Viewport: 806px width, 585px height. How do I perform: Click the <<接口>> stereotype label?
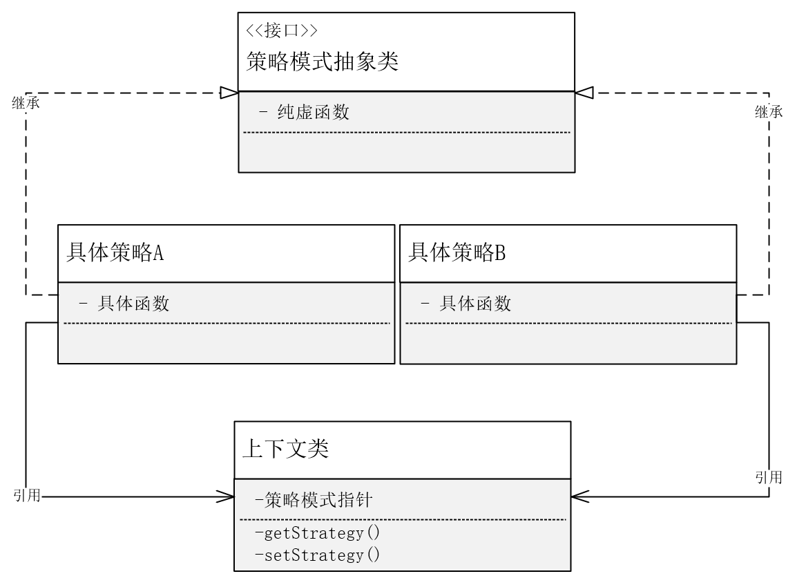(282, 31)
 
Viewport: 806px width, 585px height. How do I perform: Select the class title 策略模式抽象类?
(322, 62)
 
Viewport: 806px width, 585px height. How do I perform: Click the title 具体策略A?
(115, 253)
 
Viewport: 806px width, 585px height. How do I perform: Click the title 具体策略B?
(457, 253)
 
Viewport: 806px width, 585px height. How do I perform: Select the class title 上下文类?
(285, 449)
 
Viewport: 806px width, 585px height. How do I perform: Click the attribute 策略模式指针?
(314, 499)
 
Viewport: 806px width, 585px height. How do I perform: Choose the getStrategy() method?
(318, 533)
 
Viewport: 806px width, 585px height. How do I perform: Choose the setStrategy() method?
(318, 555)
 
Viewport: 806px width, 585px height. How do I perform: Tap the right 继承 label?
(769, 112)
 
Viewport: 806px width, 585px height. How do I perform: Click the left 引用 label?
(26, 496)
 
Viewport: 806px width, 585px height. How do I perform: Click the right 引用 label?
(769, 477)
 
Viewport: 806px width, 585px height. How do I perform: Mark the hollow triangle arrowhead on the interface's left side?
(229, 92)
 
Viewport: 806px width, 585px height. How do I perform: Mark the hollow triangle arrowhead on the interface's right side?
(584, 92)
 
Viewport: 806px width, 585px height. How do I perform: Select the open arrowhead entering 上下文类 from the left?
(227, 496)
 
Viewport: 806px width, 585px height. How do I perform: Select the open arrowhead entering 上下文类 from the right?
(579, 496)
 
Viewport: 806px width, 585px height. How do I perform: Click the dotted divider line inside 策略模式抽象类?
(406, 132)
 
